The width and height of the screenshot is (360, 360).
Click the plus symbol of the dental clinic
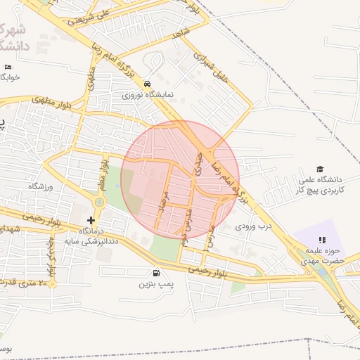91,220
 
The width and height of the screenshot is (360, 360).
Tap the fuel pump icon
155,274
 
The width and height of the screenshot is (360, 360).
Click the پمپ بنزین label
155,285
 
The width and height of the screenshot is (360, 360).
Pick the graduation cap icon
321,169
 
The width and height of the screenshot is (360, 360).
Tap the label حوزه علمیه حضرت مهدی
328,255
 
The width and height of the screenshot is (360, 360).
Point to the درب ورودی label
252,226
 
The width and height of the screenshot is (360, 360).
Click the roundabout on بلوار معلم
100,202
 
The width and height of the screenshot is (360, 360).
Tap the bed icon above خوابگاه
8,67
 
